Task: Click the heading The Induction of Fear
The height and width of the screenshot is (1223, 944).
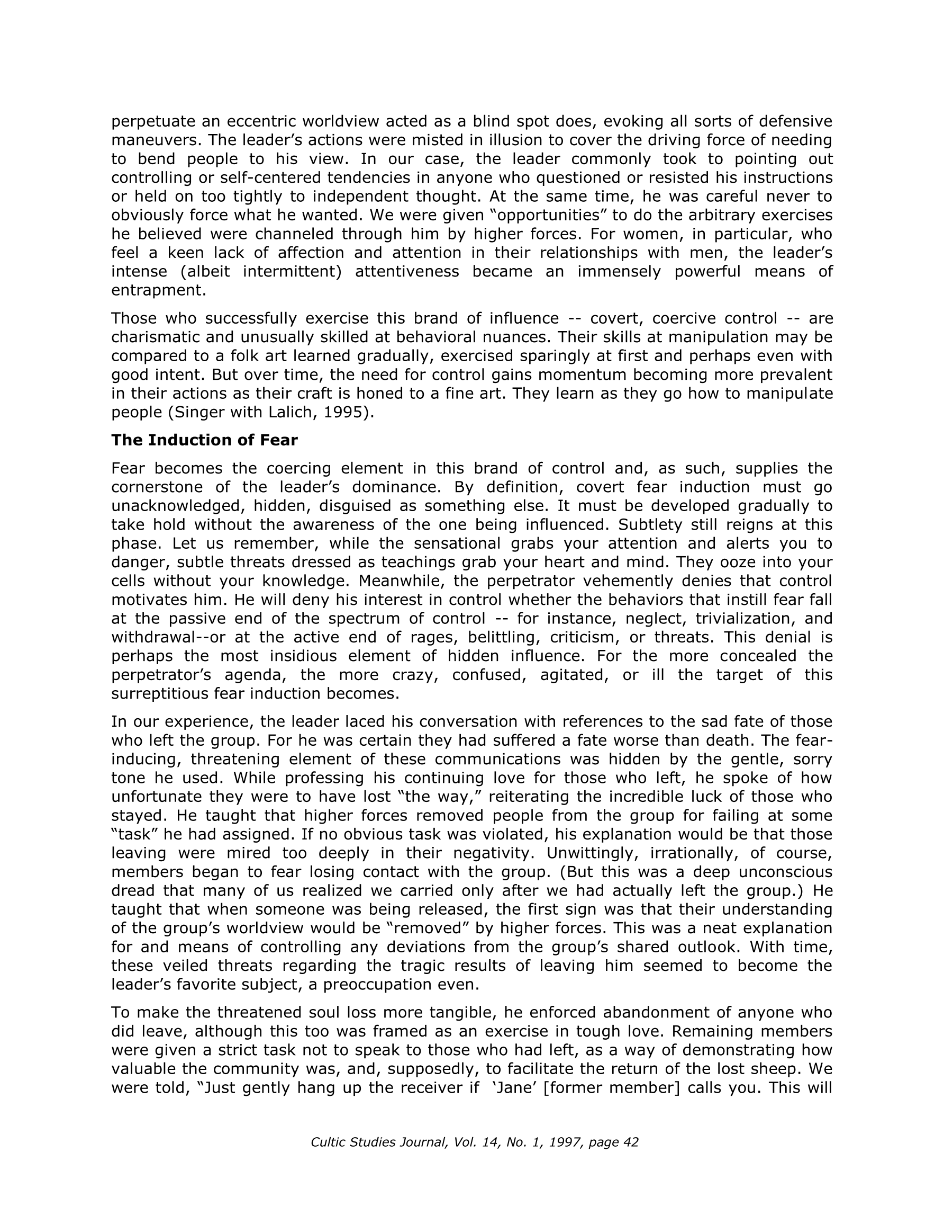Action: click(204, 440)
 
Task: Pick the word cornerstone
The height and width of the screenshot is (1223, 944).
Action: click(159, 487)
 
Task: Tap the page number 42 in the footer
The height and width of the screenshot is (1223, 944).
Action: click(631, 1142)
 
